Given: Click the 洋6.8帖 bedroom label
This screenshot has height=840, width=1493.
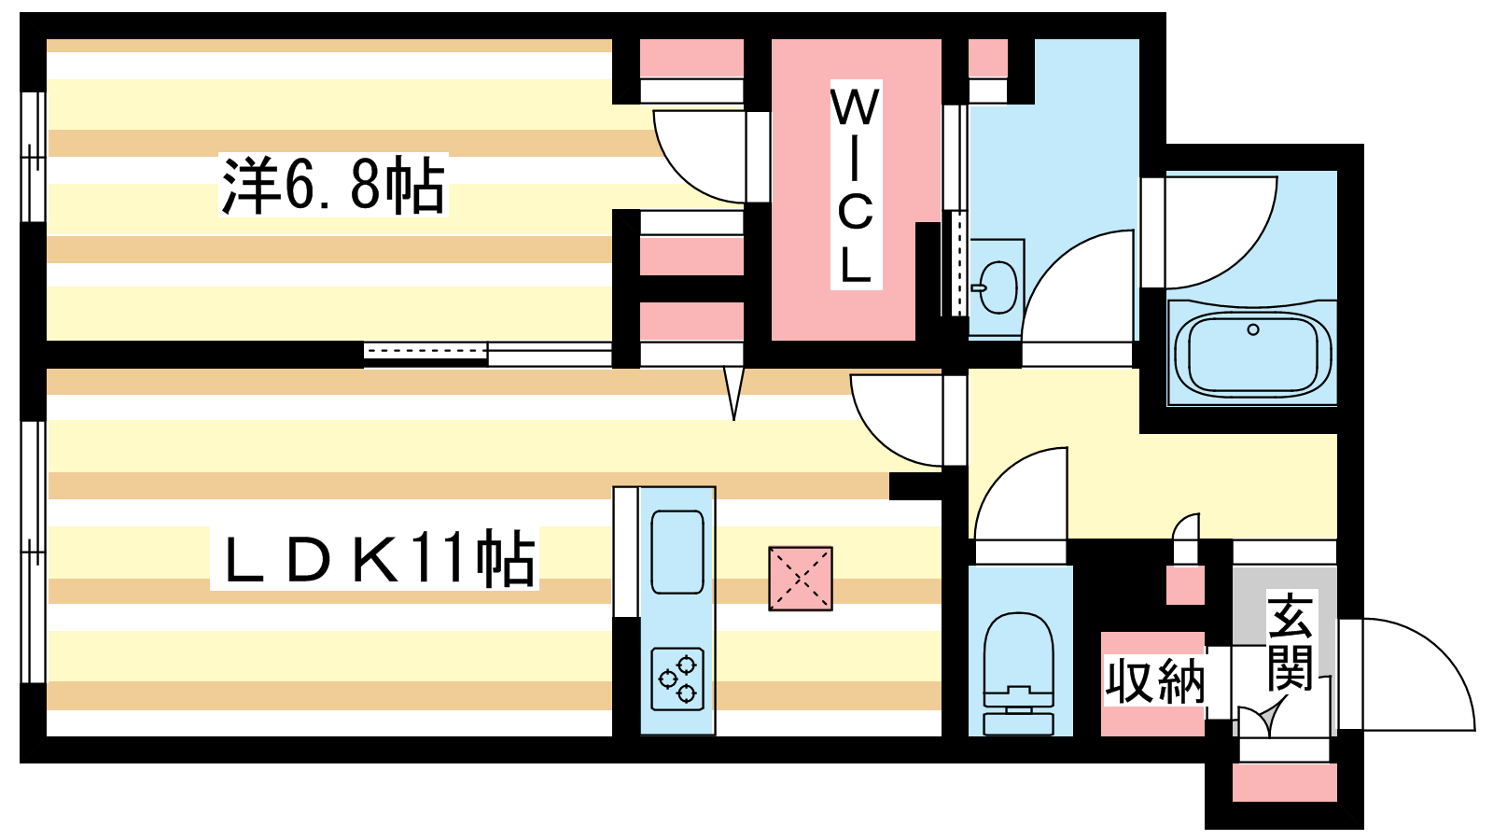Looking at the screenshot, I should [x=333, y=186].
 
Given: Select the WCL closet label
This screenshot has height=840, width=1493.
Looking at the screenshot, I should [x=855, y=185].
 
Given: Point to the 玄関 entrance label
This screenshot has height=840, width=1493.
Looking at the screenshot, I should [x=1290, y=641].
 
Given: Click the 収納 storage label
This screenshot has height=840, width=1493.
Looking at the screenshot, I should [x=1154, y=681].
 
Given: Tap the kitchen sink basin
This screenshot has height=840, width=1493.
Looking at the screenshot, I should [x=677, y=552].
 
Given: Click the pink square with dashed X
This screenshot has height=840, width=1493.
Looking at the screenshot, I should [x=800, y=579].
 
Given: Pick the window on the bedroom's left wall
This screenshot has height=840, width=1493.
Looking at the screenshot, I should [x=33, y=157].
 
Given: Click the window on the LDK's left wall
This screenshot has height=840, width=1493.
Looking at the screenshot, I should [x=33, y=553].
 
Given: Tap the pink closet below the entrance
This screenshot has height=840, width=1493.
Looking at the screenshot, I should [x=1284, y=782].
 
